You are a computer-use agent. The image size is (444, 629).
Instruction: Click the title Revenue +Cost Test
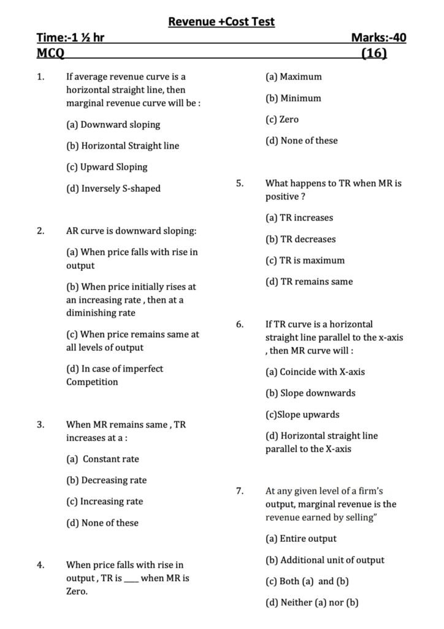click(221, 22)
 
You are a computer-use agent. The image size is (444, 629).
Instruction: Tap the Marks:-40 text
click(378, 38)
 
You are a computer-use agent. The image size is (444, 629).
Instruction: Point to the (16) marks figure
click(374, 53)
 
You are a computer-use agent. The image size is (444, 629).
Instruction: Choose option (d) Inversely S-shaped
click(113, 189)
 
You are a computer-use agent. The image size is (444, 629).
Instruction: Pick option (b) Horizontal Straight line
click(123, 146)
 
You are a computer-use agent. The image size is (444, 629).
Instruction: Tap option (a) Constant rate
click(102, 459)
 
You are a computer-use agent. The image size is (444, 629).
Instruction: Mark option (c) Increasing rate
click(104, 502)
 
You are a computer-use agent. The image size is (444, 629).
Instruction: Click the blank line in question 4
click(131, 579)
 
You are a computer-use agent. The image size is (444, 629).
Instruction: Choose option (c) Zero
click(282, 120)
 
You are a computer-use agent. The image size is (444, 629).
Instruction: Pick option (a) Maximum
click(293, 77)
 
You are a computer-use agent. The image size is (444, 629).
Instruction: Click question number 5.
click(240, 183)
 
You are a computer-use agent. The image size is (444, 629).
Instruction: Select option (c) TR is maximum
click(305, 260)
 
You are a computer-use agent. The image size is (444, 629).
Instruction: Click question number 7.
click(240, 491)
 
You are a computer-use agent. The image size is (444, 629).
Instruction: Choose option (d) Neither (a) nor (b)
click(312, 603)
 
